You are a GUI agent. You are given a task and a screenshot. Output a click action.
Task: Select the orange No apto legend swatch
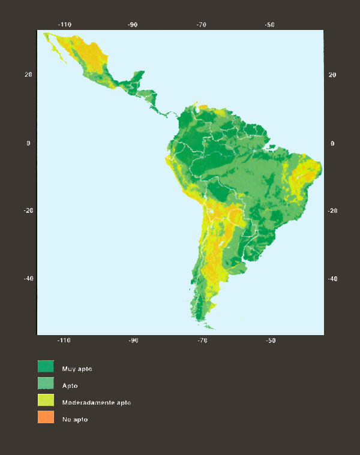46,418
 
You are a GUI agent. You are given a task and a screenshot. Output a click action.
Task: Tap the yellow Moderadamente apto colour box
46,401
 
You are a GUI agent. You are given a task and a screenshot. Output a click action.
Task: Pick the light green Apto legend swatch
46,384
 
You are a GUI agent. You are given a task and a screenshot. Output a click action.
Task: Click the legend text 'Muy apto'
77,369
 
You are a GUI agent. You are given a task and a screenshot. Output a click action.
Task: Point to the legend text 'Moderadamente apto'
96,402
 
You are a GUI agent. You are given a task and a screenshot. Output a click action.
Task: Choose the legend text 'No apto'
75,419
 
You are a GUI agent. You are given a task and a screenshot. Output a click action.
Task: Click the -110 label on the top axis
64,25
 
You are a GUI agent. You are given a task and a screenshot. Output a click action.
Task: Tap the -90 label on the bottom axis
133,341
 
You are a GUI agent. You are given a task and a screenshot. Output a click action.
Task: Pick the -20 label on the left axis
27,211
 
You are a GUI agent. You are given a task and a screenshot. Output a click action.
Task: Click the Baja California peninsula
57,48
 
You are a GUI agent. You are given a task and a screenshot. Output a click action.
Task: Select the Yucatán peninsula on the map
137,77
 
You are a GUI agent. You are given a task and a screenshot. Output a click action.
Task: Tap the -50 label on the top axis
270,25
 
